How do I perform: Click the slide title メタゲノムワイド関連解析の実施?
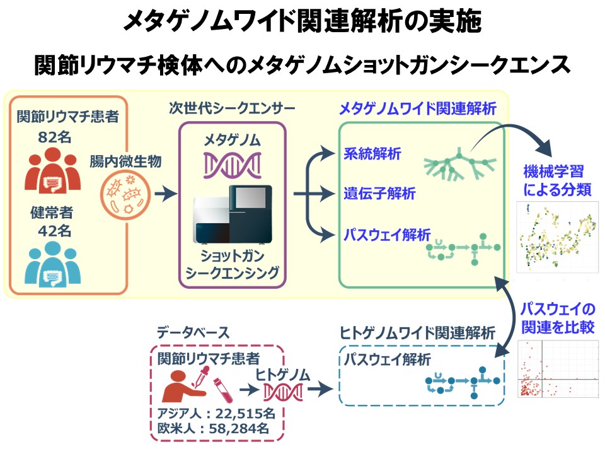[x=302, y=23]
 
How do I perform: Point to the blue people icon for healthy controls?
[x=54, y=265]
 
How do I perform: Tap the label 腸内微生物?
[x=125, y=161]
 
